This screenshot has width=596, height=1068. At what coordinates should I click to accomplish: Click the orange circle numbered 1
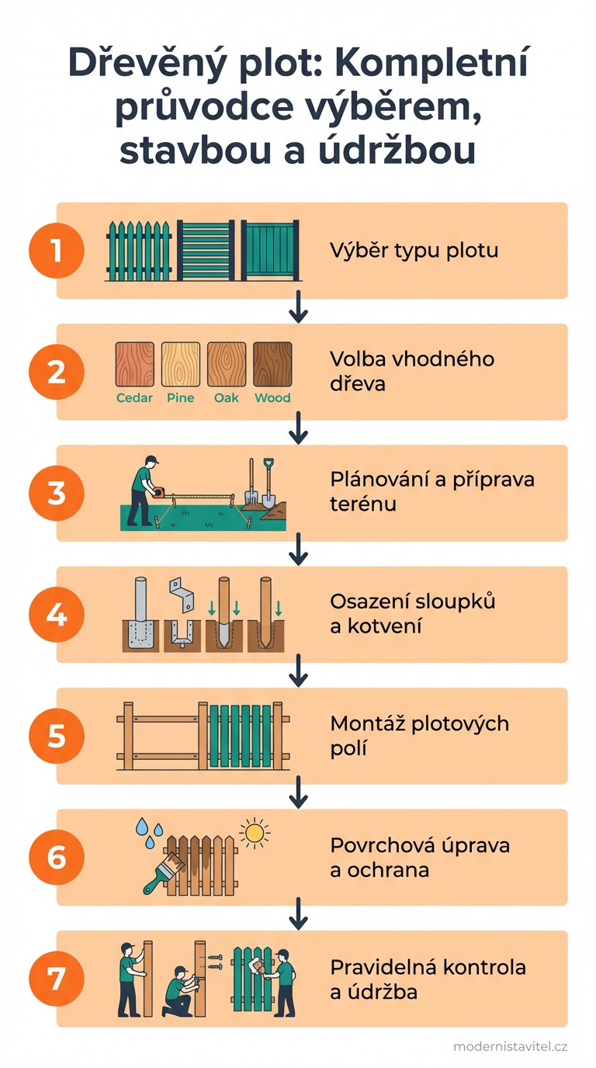[56, 251]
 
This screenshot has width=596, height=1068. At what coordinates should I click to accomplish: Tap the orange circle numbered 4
[56, 615]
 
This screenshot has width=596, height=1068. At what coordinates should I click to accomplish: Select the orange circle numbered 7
[56, 979]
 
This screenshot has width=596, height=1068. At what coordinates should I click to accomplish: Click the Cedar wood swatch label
[134, 398]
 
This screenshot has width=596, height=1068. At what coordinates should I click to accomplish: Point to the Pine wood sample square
[180, 364]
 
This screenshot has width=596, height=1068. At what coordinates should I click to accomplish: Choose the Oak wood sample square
[226, 364]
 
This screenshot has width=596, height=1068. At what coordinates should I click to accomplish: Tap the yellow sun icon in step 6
[253, 833]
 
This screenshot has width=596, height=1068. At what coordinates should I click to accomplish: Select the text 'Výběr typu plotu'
[414, 251]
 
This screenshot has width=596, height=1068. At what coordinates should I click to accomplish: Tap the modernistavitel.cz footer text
[510, 1046]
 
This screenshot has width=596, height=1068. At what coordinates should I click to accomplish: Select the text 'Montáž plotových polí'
[419, 736]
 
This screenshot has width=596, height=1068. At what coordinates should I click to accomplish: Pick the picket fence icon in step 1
[138, 251]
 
